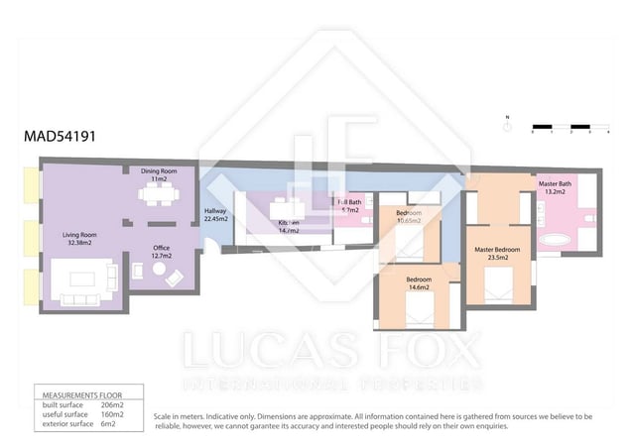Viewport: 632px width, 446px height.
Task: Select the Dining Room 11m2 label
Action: (x=159, y=173)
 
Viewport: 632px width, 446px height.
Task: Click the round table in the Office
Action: (x=137, y=275)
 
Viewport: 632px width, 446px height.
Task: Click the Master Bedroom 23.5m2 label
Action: (x=497, y=253)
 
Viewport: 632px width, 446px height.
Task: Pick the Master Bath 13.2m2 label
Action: (x=555, y=187)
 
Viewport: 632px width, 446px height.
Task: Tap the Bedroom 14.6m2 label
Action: (x=418, y=283)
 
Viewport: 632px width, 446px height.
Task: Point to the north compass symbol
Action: (x=506, y=126)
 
